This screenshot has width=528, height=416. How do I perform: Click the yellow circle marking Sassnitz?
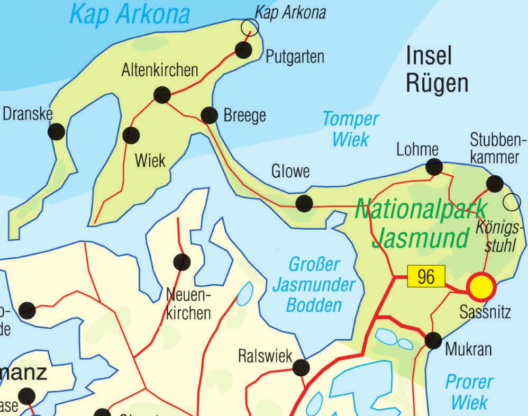click(481, 287)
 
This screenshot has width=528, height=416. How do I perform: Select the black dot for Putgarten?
click(243, 50)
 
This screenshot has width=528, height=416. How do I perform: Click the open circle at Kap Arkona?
click(250, 27)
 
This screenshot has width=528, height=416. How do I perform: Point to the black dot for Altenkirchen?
click(162, 95)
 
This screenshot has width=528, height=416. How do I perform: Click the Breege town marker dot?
click(210, 115)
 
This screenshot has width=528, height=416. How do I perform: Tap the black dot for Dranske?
click(56, 131)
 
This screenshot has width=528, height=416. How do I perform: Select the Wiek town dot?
click(131, 135)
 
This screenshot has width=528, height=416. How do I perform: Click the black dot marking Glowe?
click(304, 203)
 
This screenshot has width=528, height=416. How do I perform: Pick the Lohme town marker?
click(434, 167)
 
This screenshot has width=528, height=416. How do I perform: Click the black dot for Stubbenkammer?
click(495, 184)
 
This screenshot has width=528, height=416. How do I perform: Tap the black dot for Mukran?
click(433, 340)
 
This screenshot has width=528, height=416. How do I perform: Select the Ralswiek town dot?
click(301, 366)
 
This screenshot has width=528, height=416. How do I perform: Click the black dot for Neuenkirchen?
click(181, 261)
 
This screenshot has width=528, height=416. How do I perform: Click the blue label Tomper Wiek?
click(351, 129)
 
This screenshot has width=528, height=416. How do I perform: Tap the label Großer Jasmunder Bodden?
click(314, 285)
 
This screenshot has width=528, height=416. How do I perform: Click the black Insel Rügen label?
click(436, 69)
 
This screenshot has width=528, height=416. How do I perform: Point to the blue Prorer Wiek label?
click(469, 392)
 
